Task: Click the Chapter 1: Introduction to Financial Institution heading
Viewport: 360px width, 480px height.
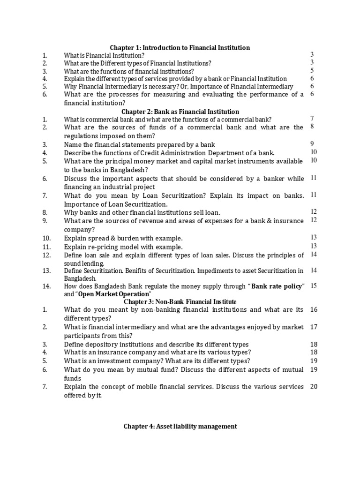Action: point(180,48)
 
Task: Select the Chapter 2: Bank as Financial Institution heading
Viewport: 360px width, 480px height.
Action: point(180,112)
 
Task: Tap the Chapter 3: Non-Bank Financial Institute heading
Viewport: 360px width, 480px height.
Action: point(180,301)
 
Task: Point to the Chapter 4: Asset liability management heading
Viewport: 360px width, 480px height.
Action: point(180,426)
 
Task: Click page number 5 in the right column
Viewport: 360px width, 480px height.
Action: point(312,71)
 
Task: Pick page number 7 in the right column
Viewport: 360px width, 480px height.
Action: point(312,119)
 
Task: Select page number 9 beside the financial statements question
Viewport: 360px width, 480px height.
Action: point(312,144)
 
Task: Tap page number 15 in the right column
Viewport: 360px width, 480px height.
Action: point(314,286)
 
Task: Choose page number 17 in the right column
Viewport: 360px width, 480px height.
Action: point(314,327)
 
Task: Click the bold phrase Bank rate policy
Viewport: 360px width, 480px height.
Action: point(278,286)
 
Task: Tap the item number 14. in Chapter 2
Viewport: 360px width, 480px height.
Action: point(46,286)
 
